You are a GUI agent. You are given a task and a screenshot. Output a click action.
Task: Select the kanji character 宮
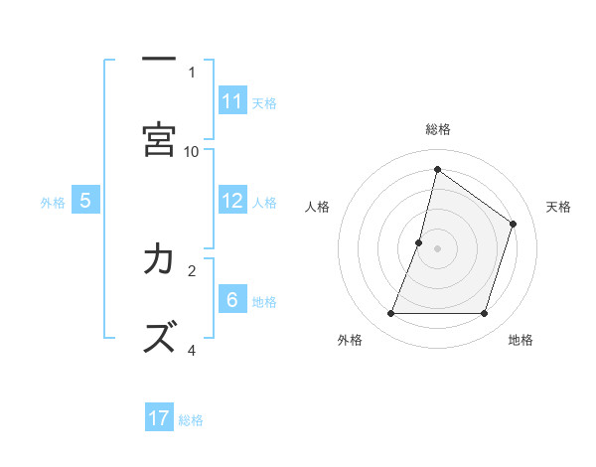click(159, 140)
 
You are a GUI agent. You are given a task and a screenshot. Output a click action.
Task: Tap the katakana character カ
click(159, 259)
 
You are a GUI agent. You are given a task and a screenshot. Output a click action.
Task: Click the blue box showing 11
click(232, 101)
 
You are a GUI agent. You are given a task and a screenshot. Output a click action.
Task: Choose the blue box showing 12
click(232, 201)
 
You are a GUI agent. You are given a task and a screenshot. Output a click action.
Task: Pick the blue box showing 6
click(232, 300)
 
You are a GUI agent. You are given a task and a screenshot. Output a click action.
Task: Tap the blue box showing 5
click(85, 201)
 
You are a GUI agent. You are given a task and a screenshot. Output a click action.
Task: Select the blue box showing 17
click(159, 418)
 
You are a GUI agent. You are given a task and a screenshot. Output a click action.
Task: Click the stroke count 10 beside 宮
click(192, 151)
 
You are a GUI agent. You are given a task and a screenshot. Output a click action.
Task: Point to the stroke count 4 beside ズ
click(192, 350)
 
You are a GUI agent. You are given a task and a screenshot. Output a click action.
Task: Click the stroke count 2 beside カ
click(192, 269)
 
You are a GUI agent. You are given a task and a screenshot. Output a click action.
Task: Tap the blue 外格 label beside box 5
click(53, 202)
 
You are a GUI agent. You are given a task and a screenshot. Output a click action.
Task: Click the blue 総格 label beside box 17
click(191, 419)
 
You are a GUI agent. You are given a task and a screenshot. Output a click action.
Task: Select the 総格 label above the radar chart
click(437, 129)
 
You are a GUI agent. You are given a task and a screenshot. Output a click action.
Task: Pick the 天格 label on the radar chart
click(558, 207)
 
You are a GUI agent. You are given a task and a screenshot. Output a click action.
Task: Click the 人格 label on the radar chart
click(317, 207)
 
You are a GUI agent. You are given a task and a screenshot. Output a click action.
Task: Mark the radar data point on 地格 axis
click(485, 314)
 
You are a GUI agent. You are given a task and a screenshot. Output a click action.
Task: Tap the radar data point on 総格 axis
click(437, 170)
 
